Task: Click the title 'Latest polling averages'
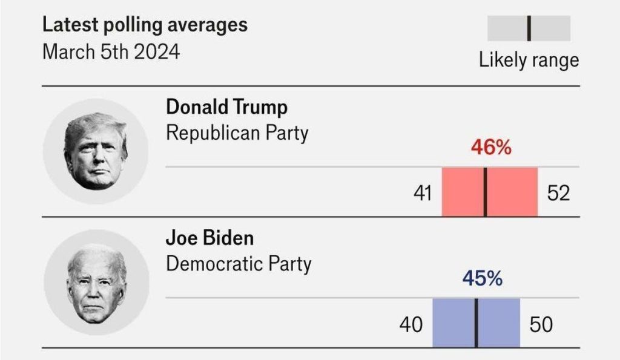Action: coord(145,25)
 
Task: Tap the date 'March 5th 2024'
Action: coord(111,51)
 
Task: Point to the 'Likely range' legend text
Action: coord(529,60)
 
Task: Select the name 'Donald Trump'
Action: coord(226,108)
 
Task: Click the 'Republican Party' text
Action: coord(237,133)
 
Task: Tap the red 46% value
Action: coord(491,148)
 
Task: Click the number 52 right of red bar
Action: coord(558,194)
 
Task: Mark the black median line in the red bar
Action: coord(486,192)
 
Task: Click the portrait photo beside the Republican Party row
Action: coord(96,151)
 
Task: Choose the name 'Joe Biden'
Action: coord(209,238)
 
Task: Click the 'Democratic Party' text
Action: coord(239,264)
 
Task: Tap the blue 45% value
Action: coord(483,279)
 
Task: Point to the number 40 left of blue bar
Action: coord(411,325)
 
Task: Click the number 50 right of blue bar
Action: coord(541,325)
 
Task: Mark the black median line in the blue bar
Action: coord(477,323)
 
